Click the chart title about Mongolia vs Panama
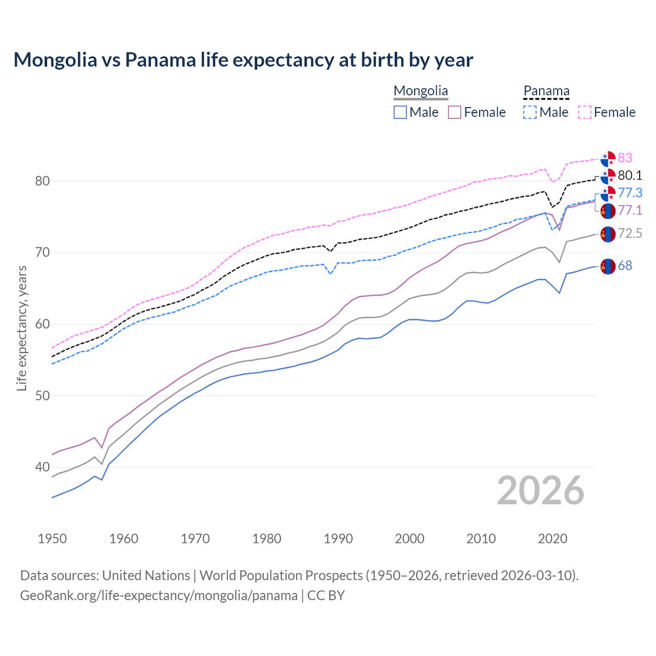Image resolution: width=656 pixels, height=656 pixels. [243, 60]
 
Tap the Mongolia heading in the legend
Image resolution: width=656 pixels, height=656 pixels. [421, 91]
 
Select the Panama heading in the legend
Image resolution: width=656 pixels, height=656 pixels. [546, 91]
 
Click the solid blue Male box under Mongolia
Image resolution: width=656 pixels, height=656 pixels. [400, 112]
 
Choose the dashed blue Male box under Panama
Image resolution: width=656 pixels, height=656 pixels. [530, 112]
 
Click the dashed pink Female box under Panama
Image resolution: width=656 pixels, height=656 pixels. [585, 112]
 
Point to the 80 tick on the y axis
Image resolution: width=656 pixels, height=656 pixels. [43, 181]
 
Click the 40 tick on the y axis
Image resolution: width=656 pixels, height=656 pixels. [43, 467]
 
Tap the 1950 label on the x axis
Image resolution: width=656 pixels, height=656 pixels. [52, 539]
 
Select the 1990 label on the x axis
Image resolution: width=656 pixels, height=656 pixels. [338, 539]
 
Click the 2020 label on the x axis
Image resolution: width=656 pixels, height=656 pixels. [553, 539]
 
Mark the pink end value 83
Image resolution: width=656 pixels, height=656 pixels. [625, 158]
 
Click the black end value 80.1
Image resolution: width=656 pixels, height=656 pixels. [630, 175]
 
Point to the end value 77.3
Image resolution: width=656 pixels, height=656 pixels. [630, 193]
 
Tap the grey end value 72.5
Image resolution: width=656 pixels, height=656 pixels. [630, 234]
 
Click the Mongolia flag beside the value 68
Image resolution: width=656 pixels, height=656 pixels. [608, 266]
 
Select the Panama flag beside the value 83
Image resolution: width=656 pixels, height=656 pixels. [608, 159]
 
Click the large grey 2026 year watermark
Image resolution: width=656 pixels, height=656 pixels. [541, 490]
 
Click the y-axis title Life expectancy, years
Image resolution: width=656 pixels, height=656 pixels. [22, 328]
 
